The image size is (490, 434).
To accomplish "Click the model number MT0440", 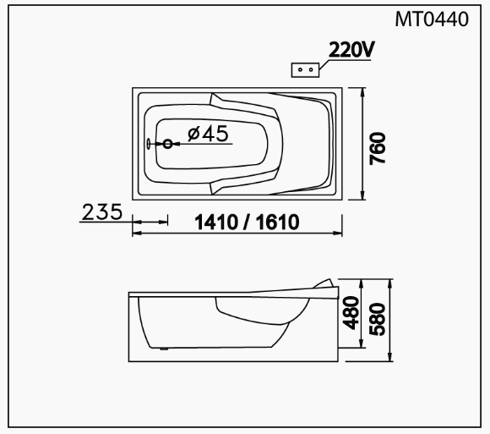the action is point(432,19).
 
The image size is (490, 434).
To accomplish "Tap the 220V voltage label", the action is point(351,50).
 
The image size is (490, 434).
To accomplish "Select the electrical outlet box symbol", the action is point(305,69).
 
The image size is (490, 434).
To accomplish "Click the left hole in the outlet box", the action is point(300,69).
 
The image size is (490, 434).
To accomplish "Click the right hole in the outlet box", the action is point(311,69).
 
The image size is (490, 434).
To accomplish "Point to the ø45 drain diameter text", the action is point(208,134).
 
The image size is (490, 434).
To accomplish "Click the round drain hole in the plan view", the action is point(168,144).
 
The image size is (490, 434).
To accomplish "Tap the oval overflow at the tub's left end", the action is point(148,144).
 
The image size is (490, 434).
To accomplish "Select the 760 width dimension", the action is point(378,148).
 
